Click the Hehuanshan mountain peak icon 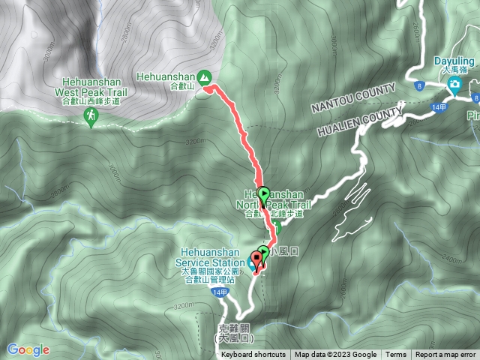click(x=203, y=76)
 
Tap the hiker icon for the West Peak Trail click(x=91, y=115)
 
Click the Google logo click(x=28, y=349)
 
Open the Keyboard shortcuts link click(x=253, y=355)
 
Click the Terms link click(x=396, y=355)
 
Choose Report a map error click(x=446, y=355)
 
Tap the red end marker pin click(x=256, y=259)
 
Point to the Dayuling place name click(x=455, y=61)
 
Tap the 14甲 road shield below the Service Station click(x=218, y=292)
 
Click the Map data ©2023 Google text click(x=335, y=355)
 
